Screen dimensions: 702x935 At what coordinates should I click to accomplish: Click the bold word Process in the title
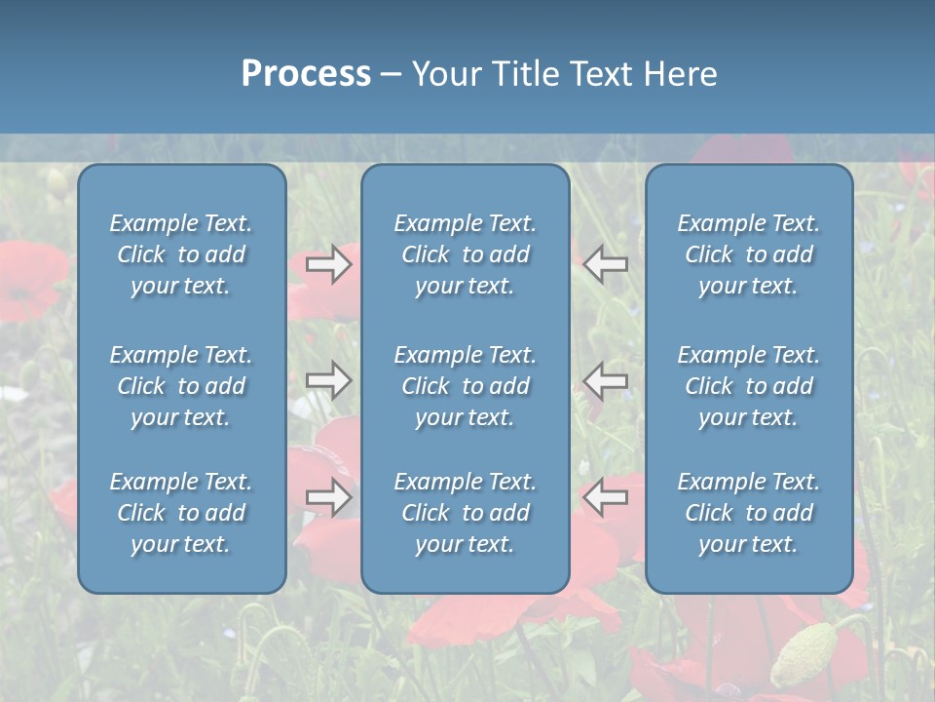click(306, 74)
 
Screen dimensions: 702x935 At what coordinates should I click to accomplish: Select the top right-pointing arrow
click(329, 264)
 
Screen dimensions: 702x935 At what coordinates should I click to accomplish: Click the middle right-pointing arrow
click(329, 380)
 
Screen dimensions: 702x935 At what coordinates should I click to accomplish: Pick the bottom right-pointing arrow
click(329, 497)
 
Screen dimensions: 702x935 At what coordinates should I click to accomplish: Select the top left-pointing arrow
click(606, 264)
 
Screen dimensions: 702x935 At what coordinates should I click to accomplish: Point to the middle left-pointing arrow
click(606, 380)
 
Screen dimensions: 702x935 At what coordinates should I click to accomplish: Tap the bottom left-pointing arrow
click(606, 497)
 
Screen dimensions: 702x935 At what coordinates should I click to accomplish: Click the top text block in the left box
click(181, 254)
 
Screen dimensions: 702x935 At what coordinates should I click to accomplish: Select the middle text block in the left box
click(181, 386)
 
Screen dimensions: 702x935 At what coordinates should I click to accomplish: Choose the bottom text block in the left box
click(181, 513)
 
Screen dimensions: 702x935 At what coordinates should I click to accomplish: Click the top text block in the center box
click(465, 254)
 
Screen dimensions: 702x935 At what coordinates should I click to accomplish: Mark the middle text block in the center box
click(465, 386)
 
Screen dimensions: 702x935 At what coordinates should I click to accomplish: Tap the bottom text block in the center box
click(465, 513)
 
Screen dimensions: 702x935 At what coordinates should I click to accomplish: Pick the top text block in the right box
click(748, 254)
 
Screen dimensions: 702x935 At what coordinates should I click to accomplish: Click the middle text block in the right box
click(748, 386)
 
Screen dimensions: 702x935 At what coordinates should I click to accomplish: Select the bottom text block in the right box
click(748, 513)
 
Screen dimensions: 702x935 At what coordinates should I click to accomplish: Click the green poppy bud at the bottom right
click(804, 651)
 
